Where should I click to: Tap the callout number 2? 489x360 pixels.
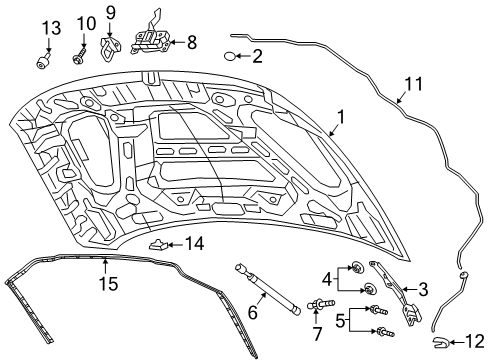pos(257,57)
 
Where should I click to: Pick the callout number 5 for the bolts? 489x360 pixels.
pos(252,312)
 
